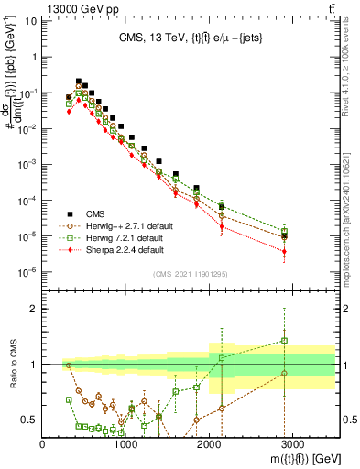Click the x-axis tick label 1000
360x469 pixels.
(126, 445)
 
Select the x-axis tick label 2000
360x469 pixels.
(210, 445)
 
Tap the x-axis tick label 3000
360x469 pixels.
(293, 445)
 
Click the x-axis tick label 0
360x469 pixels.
(43, 445)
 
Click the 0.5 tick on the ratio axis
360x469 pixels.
(29, 420)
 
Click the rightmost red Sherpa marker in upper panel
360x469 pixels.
(285, 251)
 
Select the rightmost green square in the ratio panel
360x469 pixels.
(285, 341)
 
